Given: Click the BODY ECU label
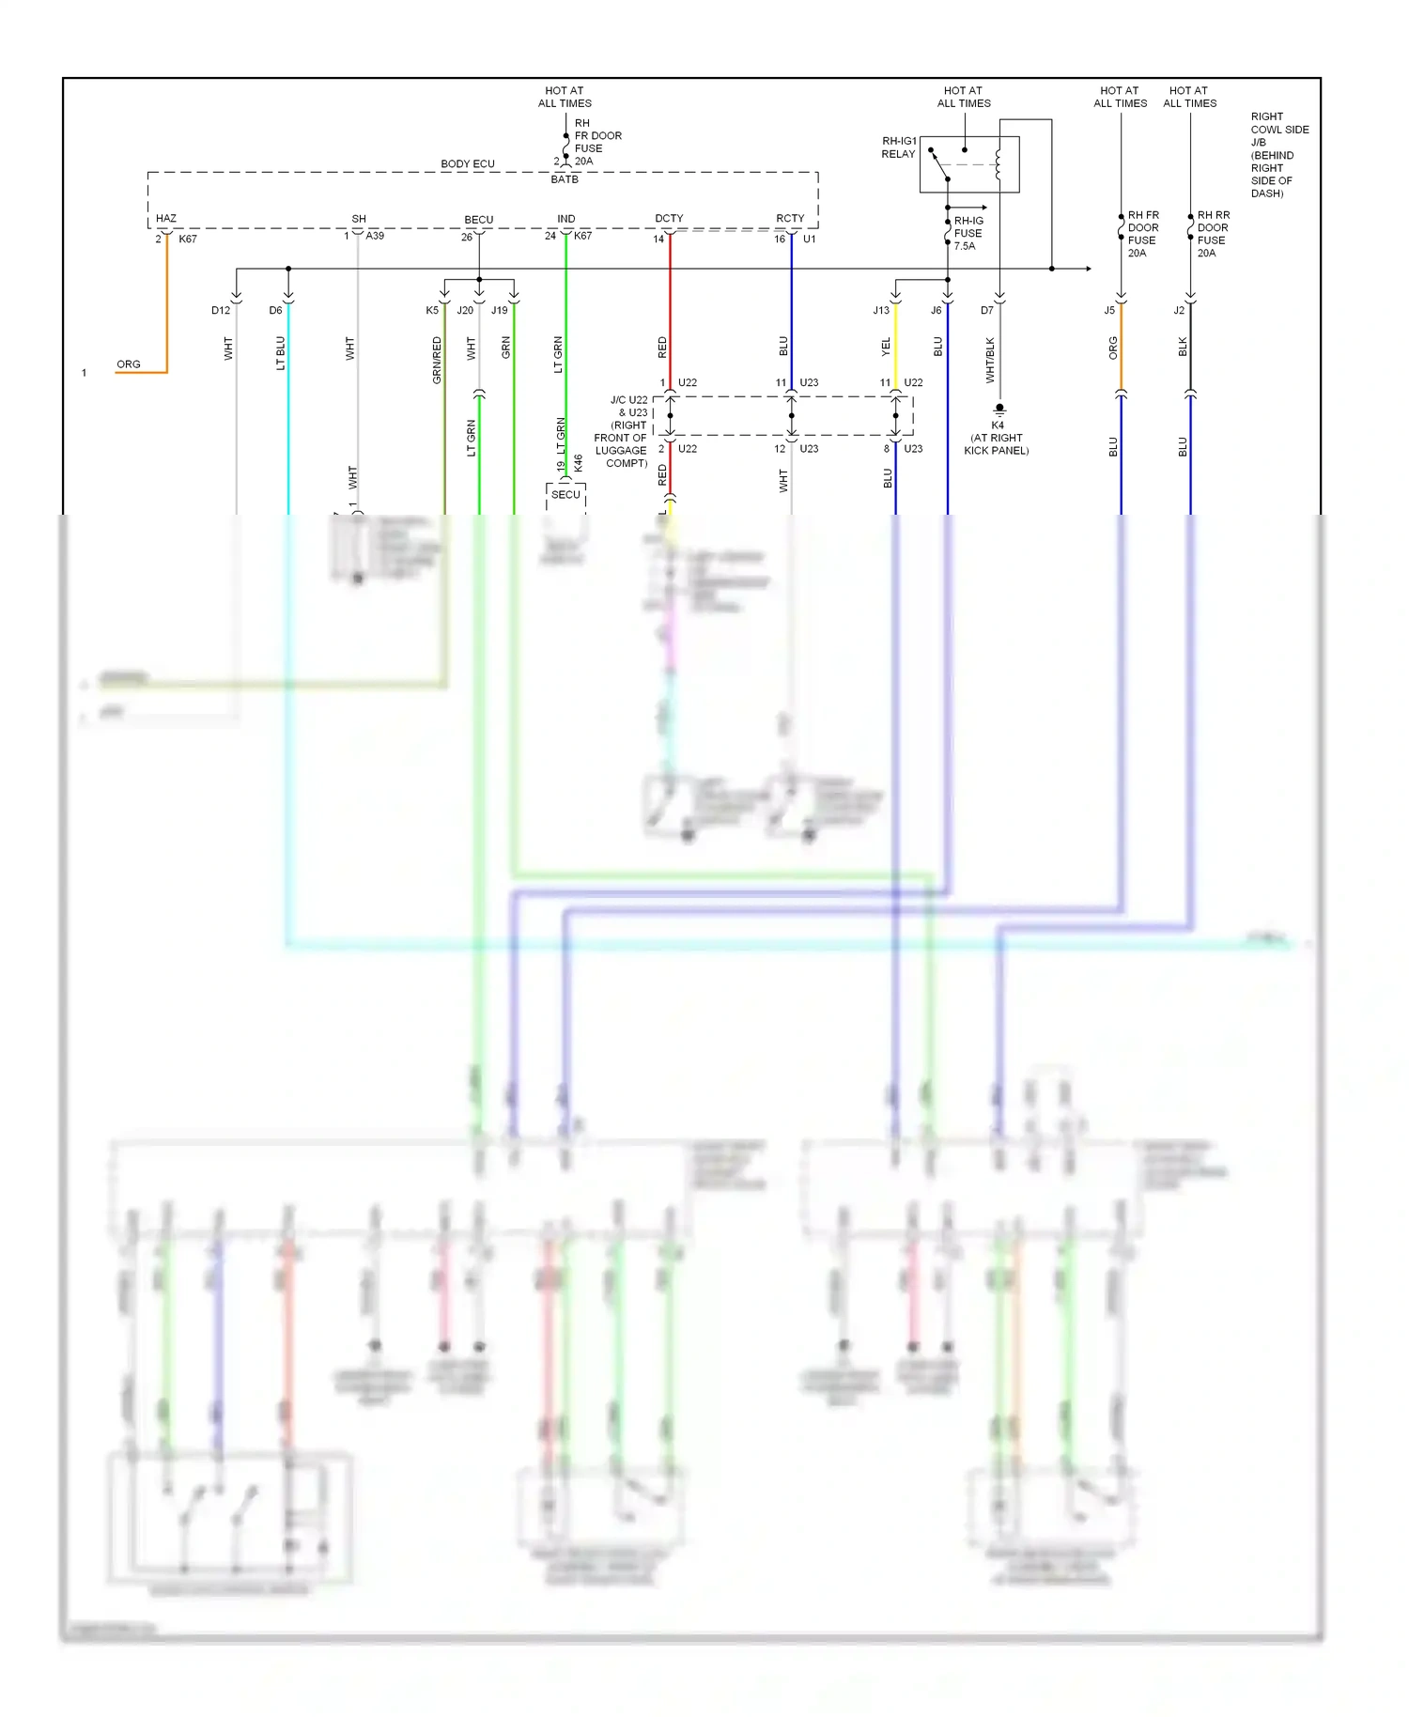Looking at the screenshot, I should click(x=467, y=163).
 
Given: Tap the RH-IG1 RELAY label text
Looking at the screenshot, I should click(x=899, y=147).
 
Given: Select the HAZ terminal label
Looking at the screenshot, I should click(x=166, y=218).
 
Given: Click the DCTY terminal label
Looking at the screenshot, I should click(x=669, y=218).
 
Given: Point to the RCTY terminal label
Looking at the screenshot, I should click(x=790, y=218).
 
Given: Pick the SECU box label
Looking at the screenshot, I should click(x=565, y=494).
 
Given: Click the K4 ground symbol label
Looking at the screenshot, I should click(x=997, y=425).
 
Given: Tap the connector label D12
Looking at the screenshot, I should click(x=221, y=310).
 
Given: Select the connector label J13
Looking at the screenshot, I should click(x=881, y=310).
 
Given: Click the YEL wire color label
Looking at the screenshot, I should click(x=886, y=348).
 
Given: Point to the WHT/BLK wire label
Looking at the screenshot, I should click(x=990, y=361).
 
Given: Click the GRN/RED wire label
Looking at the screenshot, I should click(x=437, y=361).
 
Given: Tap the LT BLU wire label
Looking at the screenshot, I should click(x=280, y=353).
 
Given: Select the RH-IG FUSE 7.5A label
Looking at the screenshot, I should click(x=968, y=233).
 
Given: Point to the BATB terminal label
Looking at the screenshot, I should click(x=565, y=179).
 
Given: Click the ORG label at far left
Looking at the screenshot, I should click(x=129, y=364).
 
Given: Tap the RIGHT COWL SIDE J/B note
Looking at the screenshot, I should click(x=1278, y=155).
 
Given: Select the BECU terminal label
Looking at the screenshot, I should click(x=478, y=220).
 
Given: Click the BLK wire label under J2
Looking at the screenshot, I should click(x=1183, y=347).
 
